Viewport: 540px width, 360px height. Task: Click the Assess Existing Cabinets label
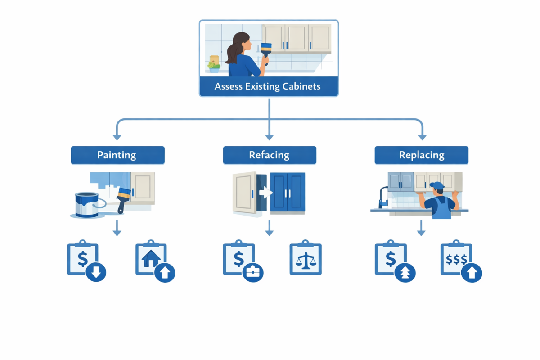coord(268,86)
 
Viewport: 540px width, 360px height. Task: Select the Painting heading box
coord(117,155)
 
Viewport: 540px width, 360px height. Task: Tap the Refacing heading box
coord(269,155)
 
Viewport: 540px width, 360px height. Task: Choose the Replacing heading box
coord(421,155)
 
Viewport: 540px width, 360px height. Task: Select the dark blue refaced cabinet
coord(287,193)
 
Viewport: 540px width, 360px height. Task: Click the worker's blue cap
coord(436,185)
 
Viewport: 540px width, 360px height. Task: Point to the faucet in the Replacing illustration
coord(383,197)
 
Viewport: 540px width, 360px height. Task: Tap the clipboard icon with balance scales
coord(306,260)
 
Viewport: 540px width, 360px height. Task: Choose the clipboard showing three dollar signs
coord(457,260)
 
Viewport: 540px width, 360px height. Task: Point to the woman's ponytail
coord(232,53)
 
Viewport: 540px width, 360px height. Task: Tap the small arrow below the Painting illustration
coord(117,231)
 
